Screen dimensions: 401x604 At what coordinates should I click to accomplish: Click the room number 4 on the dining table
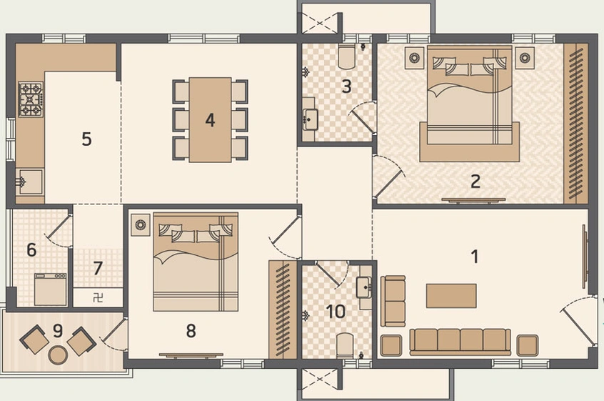pos(210,120)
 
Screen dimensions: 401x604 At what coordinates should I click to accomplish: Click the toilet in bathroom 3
pos(348,55)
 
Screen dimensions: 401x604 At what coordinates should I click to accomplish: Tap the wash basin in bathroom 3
pos(311,119)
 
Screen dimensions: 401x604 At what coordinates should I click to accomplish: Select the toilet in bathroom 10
pos(346,345)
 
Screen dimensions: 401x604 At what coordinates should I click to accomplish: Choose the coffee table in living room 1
pos(451,295)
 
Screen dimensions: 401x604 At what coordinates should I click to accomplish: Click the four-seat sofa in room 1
pos(460,340)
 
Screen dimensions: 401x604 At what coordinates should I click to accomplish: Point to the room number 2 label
pos(475,181)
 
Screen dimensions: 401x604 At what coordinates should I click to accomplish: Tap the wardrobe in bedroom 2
pos(576,123)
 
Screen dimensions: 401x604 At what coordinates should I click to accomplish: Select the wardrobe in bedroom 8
pos(283,309)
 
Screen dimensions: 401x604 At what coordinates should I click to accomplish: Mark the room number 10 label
pos(336,312)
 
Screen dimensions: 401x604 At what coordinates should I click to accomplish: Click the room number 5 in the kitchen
pos(86,139)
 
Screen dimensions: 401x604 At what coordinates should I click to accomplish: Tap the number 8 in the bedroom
pos(191,330)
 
